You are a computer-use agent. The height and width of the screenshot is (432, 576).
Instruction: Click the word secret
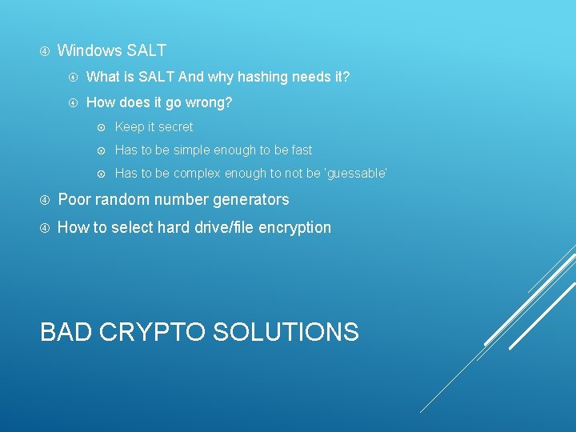(x=176, y=127)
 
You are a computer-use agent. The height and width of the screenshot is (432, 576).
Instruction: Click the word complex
(x=196, y=174)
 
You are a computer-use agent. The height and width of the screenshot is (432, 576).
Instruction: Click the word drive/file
(x=222, y=228)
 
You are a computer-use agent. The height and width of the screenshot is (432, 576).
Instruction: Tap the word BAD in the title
(x=66, y=332)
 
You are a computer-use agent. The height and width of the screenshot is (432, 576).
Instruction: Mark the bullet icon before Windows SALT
(x=45, y=51)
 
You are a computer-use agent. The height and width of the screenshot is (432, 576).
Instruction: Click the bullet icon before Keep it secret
(x=102, y=127)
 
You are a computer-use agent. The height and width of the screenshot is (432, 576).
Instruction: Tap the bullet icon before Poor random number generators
(x=45, y=200)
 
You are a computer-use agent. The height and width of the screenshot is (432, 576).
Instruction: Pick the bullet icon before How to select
(x=45, y=228)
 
